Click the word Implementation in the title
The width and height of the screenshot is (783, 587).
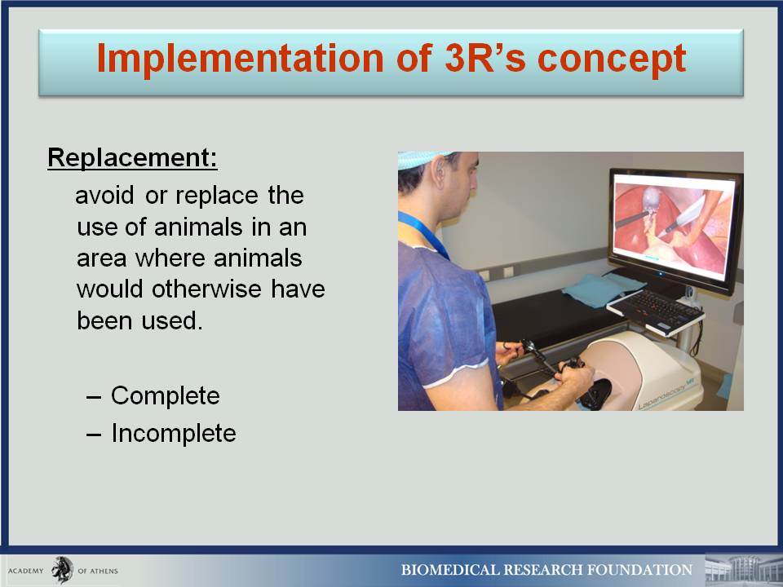pos(240,60)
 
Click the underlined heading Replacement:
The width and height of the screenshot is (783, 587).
pos(132,157)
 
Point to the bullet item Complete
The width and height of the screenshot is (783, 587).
pos(166,396)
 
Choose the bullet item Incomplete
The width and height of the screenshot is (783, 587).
pos(173,433)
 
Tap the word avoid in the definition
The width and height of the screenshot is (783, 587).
pos(104,195)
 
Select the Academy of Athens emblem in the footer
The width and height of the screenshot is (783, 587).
pos(63,570)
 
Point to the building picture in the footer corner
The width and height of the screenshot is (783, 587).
pos(743,570)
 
